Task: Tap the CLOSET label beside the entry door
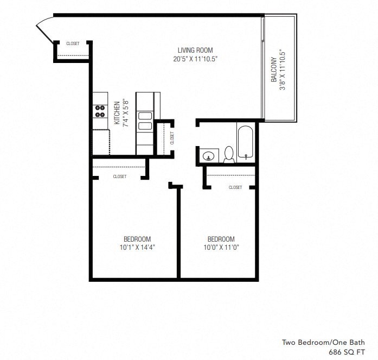(73, 44)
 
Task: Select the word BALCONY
(274, 70)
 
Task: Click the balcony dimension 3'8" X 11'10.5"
(282, 70)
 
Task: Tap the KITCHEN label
(117, 112)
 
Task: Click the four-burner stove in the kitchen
(100, 111)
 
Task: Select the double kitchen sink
(145, 121)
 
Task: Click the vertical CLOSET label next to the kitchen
(172, 137)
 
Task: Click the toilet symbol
(229, 154)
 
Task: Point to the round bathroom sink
(208, 156)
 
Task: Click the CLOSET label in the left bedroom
(120, 176)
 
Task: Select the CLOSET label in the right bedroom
(235, 187)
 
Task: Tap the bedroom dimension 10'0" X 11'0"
(221, 248)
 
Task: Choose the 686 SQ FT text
(348, 352)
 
